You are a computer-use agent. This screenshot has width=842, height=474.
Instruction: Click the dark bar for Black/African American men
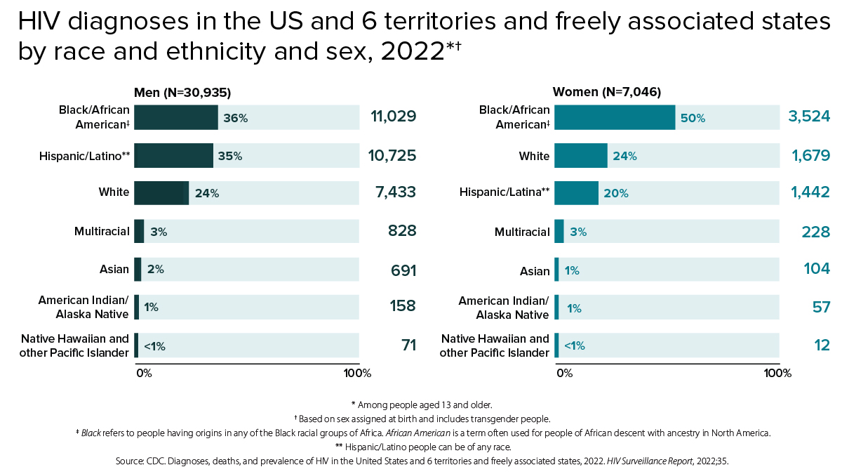coord(176,117)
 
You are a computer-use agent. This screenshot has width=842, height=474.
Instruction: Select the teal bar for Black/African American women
coord(615,117)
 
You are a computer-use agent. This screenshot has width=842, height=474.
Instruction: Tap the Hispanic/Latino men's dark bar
coord(173,155)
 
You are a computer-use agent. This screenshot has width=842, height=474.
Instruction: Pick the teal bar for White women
coord(581,155)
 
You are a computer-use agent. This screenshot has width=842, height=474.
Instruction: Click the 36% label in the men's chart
coord(236,118)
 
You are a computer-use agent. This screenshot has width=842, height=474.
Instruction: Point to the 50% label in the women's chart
coord(693,118)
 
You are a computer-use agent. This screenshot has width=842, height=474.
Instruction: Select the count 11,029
coord(393,117)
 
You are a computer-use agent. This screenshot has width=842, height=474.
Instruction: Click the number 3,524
coord(809,117)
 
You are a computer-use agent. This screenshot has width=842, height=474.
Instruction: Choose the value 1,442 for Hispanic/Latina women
coord(810,192)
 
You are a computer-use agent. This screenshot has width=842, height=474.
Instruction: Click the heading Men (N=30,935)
coord(182,92)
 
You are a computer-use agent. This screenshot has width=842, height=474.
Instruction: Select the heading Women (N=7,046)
coord(607,92)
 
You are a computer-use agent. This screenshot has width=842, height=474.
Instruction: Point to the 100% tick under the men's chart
coord(358,373)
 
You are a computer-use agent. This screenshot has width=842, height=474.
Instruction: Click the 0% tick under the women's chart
coord(564,373)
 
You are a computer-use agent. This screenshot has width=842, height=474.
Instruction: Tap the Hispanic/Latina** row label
coord(504,192)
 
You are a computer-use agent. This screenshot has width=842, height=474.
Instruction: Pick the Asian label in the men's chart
coord(114,269)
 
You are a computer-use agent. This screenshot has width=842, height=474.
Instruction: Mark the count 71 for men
coord(409,345)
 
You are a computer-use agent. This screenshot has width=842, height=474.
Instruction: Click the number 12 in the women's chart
coord(822,345)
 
